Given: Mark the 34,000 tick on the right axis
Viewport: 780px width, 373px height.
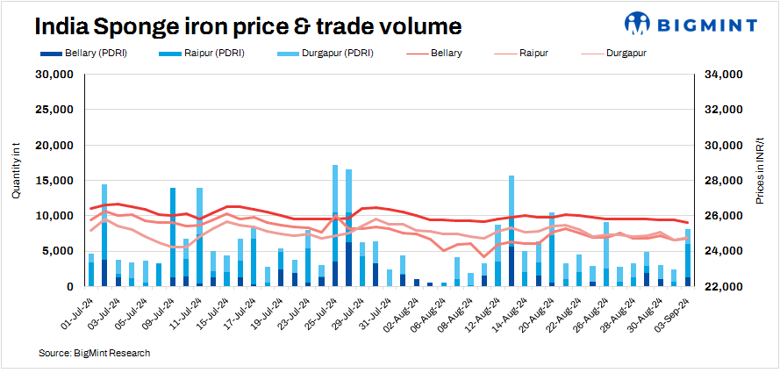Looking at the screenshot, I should click(725, 75).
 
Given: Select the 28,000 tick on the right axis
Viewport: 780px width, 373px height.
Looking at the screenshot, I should click(725, 181).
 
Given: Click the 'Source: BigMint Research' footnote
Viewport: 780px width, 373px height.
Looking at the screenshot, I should click(94, 353).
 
